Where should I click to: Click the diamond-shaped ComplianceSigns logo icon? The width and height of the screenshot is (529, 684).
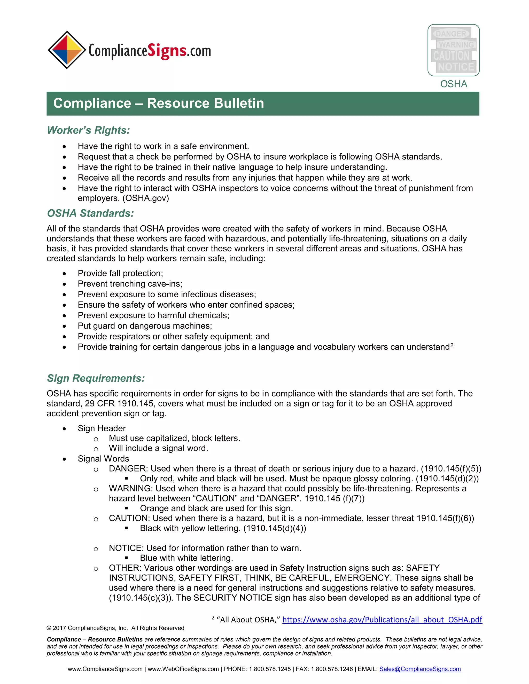coord(67,50)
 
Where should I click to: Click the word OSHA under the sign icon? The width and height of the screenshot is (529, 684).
coord(454,84)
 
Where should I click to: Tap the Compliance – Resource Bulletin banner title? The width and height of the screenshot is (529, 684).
coord(159,103)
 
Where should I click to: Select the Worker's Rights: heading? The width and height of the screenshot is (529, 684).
coord(88,130)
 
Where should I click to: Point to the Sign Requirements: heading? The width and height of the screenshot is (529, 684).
coord(96,378)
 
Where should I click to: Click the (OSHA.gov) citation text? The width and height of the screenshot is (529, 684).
coord(146,198)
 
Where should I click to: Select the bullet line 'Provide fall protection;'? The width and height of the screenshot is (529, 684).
coord(120,273)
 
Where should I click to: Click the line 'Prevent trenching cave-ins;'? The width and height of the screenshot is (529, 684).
coord(130,284)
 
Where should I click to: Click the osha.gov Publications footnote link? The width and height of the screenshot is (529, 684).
coord(382,620)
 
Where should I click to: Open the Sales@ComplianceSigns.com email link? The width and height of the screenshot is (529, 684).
coord(420,669)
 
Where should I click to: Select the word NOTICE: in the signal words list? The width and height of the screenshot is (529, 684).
coord(126,548)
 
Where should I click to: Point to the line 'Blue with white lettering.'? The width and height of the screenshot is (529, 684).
coord(186,558)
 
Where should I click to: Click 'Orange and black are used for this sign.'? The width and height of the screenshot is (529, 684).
coord(216,508)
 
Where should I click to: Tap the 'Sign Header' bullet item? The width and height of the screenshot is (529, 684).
coord(102,428)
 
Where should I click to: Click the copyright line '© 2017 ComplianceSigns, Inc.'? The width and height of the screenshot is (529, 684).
coord(115,628)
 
